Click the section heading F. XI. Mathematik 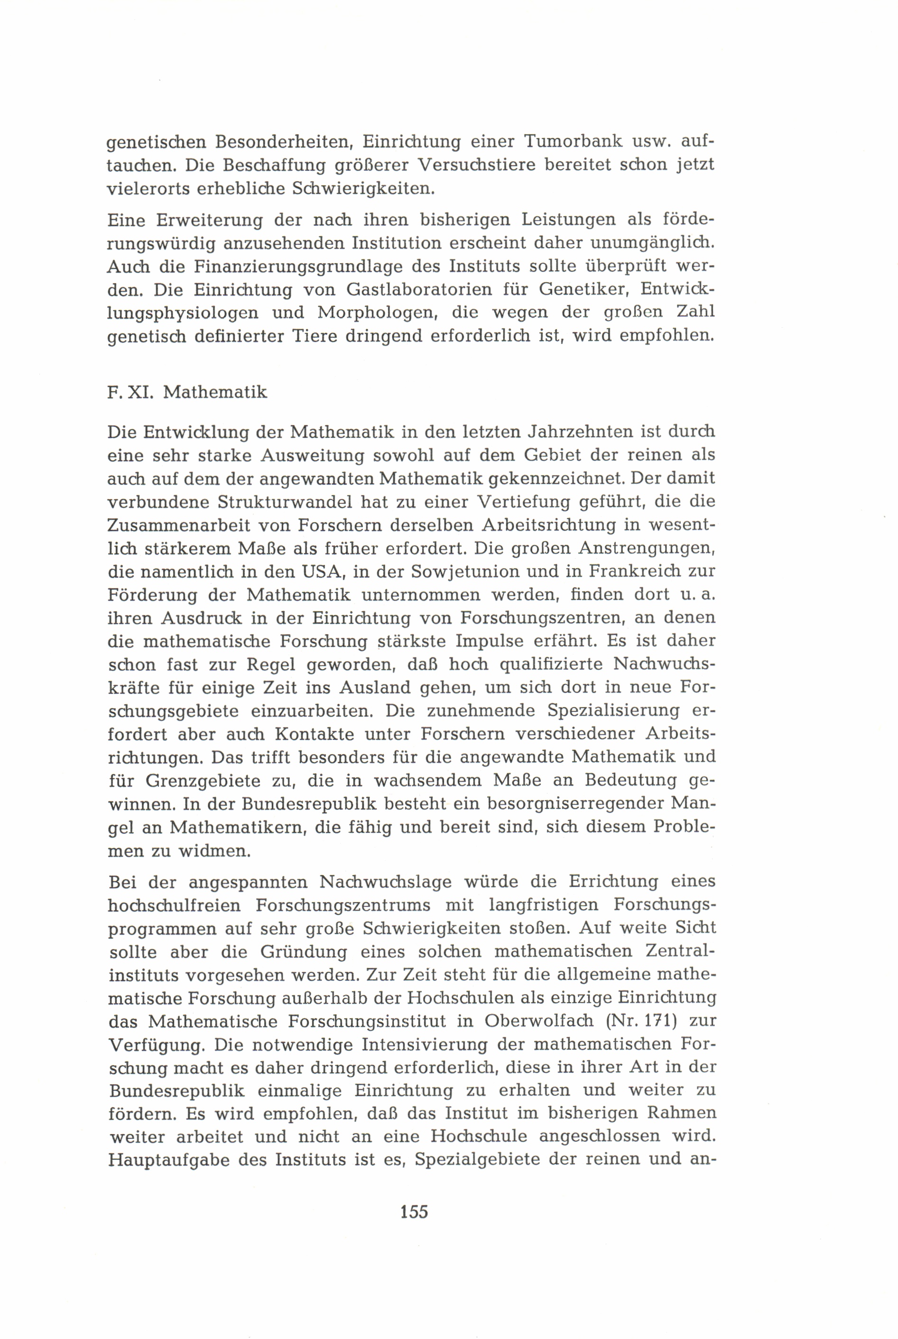point(187,393)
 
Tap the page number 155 point(414,1211)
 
